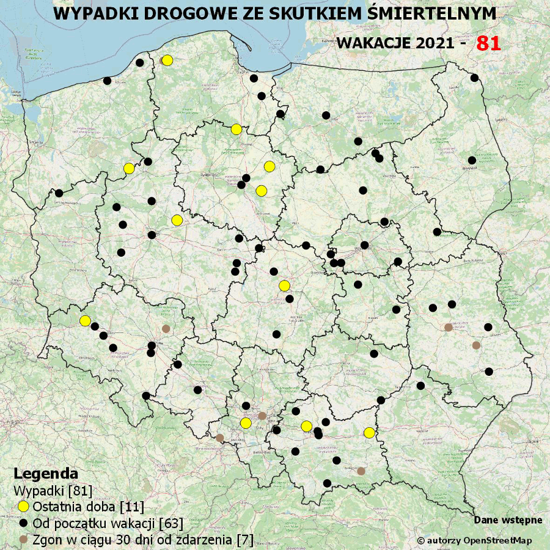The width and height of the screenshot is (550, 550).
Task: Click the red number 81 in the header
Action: click(488, 43)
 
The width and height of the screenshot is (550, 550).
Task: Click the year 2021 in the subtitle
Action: click(433, 44)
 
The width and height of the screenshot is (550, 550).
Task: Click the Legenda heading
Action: click(46, 474)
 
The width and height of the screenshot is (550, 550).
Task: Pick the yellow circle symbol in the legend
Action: click(23, 507)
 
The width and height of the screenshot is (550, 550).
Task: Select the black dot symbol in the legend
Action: click(23, 523)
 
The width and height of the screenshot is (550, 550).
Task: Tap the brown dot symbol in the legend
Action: click(23, 540)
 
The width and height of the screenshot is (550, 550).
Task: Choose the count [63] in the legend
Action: click(170, 523)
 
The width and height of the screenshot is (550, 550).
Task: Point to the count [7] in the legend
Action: click(244, 540)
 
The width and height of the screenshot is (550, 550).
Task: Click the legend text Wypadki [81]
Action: click(53, 490)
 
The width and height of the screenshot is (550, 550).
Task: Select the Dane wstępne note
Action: click(508, 520)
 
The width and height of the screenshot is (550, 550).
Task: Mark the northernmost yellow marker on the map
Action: click(167, 60)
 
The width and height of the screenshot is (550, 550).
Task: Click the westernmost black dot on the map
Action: click(59, 193)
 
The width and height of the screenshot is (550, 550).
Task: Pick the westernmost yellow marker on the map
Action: click(85, 321)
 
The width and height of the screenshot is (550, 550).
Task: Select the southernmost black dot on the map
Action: click(327, 483)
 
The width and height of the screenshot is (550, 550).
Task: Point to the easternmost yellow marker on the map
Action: click(369, 433)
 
